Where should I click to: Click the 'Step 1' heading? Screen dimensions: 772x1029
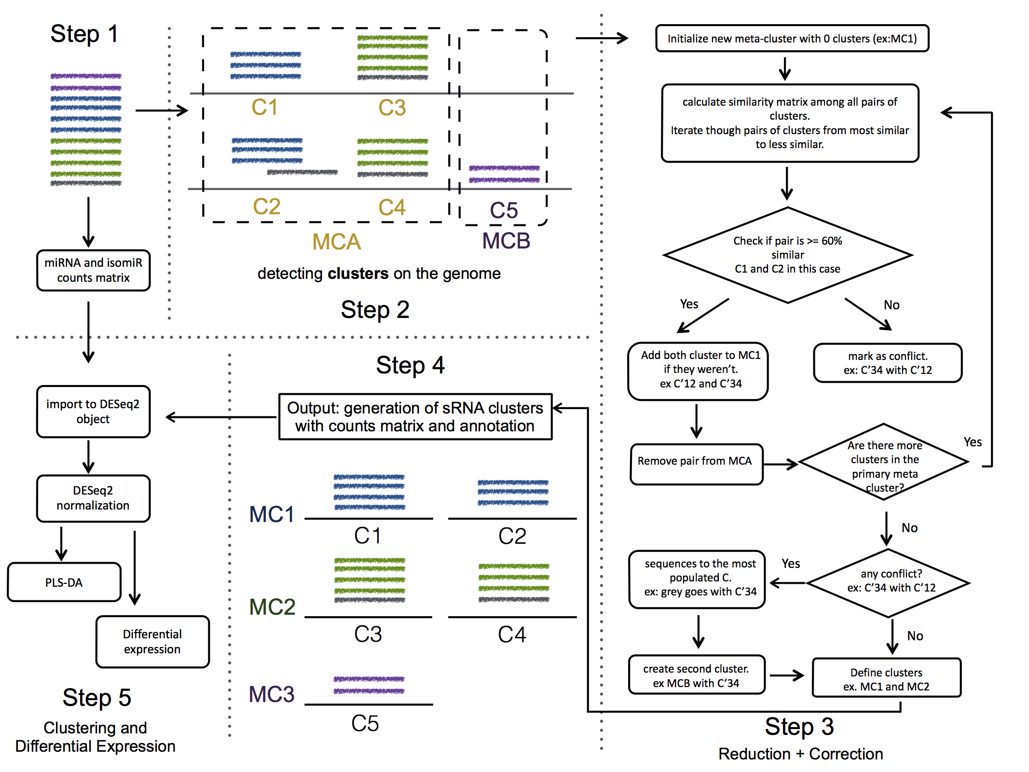coord(84,34)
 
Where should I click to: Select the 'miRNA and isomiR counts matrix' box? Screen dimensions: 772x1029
coord(93,270)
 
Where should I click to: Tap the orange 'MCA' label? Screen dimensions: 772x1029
coord(336,242)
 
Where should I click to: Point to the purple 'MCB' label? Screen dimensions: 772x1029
coord(506,241)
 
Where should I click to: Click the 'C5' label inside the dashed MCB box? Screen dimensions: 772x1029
coord(504,210)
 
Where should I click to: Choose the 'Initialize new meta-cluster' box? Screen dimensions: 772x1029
coord(792,39)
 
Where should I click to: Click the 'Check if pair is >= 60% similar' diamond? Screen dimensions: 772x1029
coord(787,255)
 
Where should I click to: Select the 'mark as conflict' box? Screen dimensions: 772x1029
coord(887,363)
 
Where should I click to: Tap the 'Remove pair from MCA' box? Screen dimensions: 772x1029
coord(696,461)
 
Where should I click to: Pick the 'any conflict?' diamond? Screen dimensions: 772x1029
coord(888,582)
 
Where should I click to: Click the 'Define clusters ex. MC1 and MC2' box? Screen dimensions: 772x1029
coord(886,679)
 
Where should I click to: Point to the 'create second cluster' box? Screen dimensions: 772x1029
coord(696,675)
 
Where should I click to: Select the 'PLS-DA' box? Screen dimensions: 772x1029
coord(64,582)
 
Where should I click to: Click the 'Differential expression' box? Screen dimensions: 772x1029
coord(152,642)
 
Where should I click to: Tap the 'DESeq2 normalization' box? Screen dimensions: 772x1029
coord(93,498)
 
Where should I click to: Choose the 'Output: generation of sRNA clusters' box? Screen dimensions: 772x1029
coord(415,417)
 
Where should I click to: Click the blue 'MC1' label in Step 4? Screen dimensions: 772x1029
coord(272,514)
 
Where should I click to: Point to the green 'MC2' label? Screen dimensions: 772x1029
coord(272,607)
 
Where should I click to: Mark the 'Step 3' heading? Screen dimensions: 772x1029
coord(799,727)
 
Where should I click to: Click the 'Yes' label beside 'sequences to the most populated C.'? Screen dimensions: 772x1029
coord(791,564)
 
